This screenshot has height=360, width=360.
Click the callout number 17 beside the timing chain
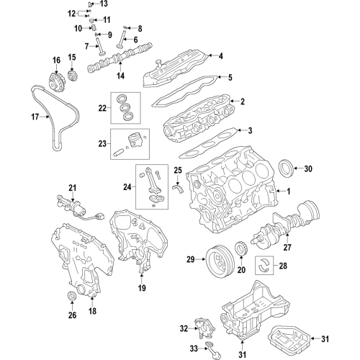35,117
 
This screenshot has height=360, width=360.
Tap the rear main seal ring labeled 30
286,168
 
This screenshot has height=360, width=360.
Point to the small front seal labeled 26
71,295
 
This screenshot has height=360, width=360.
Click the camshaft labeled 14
120,56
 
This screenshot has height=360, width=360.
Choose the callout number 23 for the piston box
102,144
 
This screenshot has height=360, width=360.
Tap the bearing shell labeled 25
178,189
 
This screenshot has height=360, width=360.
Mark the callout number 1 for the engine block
289,192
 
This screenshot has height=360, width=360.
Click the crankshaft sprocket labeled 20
240,249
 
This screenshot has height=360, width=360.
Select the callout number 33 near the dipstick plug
194,348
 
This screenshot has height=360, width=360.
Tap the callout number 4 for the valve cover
220,56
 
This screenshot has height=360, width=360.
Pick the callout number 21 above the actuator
72,188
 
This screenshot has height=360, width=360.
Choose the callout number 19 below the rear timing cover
142,288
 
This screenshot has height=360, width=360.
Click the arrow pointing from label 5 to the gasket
222,77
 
